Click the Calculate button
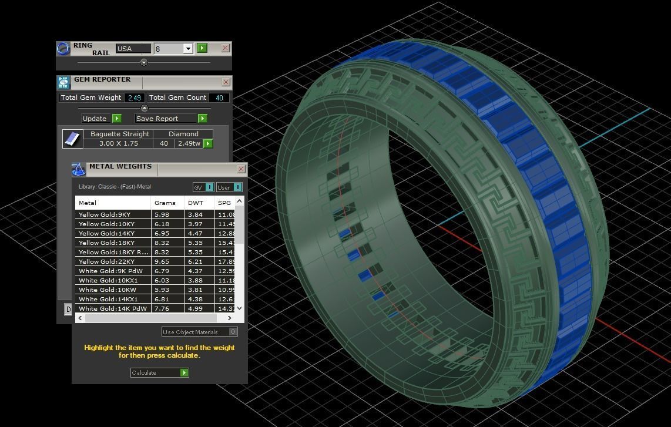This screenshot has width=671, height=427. (159, 372)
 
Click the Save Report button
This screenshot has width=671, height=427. (170, 118)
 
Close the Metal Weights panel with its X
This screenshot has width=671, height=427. (241, 169)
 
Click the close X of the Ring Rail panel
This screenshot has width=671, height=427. (225, 48)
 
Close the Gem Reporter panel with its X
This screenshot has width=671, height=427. (226, 82)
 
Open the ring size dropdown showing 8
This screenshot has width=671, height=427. (187, 49)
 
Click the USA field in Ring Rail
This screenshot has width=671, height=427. (133, 49)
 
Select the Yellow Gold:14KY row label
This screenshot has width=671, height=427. (107, 233)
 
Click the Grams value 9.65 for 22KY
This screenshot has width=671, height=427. (162, 261)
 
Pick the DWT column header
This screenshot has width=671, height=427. (196, 203)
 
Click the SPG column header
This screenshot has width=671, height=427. (224, 203)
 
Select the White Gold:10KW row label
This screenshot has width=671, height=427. (108, 290)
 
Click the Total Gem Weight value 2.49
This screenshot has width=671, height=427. (134, 97)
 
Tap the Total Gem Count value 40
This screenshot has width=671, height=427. (219, 97)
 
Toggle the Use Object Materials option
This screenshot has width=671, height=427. (233, 331)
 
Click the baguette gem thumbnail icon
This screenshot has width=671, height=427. (73, 139)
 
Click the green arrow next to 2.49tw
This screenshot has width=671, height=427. (207, 143)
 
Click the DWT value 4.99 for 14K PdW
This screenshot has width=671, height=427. (196, 308)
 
